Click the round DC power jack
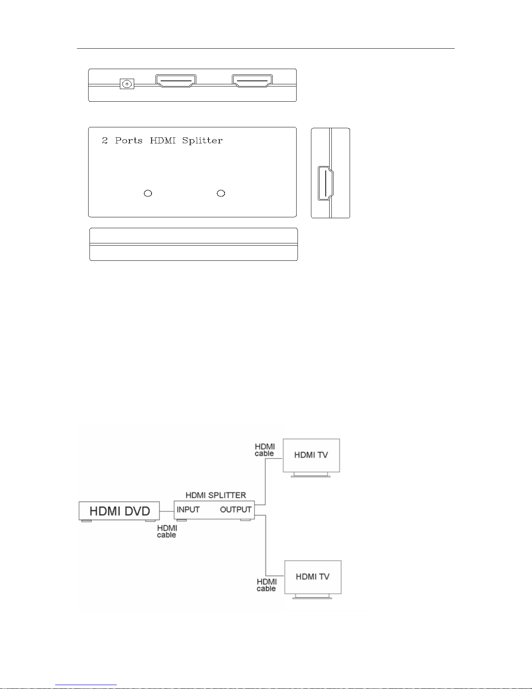tap(127, 84)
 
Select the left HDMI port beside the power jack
tap(176, 81)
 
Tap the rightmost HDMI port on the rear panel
tap(252, 81)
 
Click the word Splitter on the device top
tap(202, 140)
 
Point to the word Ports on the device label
tap(129, 140)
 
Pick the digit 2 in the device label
tap(105, 140)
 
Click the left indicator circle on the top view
tap(148, 193)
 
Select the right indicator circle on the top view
tap(221, 193)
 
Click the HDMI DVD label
tap(119, 511)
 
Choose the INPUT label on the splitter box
tap(188, 509)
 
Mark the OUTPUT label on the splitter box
tap(236, 509)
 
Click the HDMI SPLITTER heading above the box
tap(215, 495)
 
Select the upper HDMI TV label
tap(311, 455)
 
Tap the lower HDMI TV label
tap(313, 576)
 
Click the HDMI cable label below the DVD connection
tap(167, 531)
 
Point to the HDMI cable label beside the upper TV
tap(264, 450)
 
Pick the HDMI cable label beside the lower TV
tap(266, 585)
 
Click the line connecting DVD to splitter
tap(167, 511)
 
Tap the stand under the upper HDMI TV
tap(311, 475)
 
